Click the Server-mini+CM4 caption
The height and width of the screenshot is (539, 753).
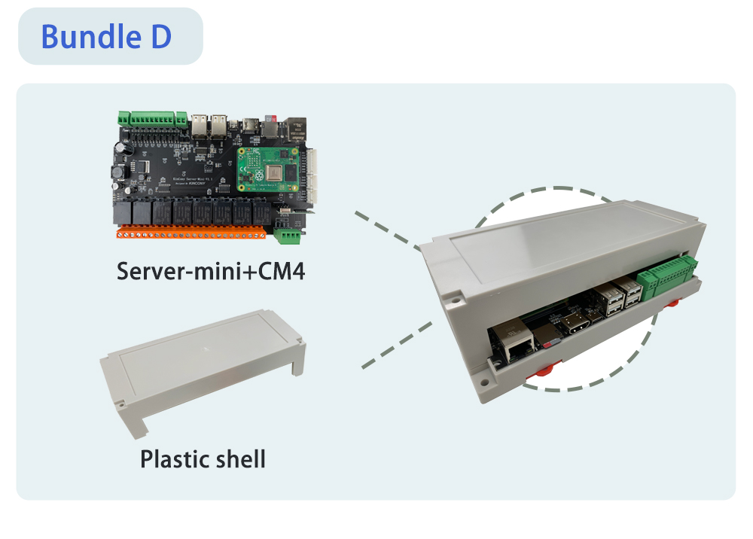(211, 272)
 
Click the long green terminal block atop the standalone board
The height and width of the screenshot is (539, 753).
(151, 118)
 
